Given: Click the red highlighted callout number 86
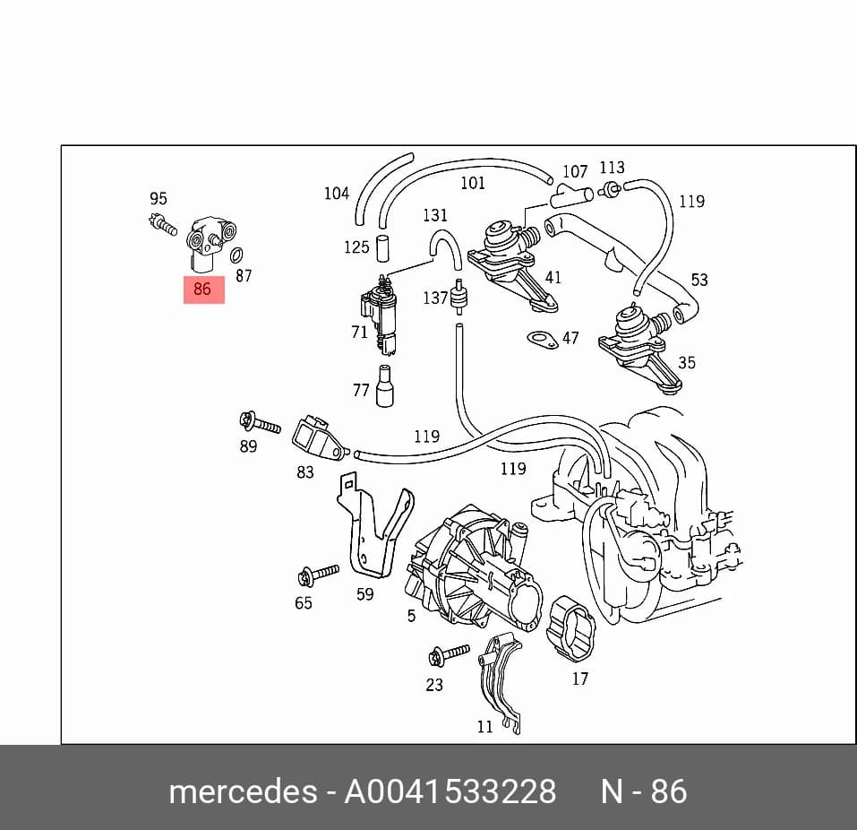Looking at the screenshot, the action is (x=202, y=289).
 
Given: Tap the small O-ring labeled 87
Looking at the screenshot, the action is (x=236, y=255).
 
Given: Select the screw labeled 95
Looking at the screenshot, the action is (x=162, y=224).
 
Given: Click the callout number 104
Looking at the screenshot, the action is (x=337, y=193).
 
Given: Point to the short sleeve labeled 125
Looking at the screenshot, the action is (x=383, y=248).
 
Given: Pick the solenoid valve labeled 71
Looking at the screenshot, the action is (x=381, y=315).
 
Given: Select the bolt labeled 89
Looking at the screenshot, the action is (x=260, y=423).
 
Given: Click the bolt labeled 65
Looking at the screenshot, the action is (x=318, y=575).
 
